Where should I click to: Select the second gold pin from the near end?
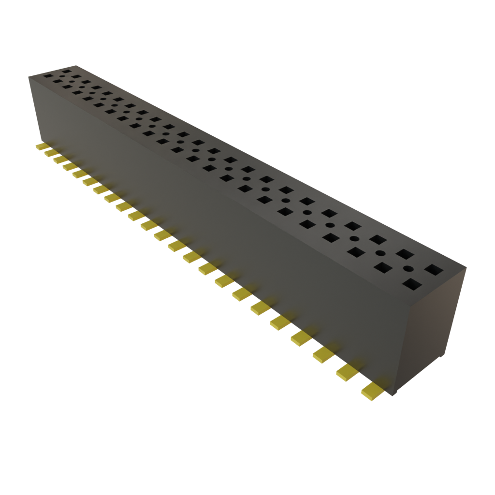pos(347,371)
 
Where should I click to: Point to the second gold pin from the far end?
pos(50,152)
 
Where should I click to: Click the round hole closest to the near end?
pos(408,269)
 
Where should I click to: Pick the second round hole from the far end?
pos(71,83)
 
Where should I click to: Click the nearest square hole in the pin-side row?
pos(411,283)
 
